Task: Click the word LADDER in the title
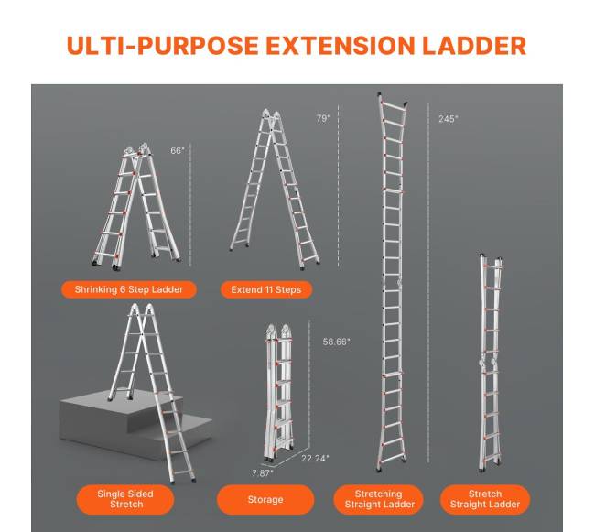474,46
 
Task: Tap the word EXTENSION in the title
340,46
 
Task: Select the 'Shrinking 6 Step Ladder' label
129,289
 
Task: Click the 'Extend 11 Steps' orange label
266,289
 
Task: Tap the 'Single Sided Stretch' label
125,499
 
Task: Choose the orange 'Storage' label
265,499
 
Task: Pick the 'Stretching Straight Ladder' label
379,499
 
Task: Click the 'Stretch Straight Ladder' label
484,499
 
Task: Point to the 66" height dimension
178,151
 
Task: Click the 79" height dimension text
323,118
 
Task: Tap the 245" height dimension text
449,119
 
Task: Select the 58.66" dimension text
336,342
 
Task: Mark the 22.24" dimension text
315,459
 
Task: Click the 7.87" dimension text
263,473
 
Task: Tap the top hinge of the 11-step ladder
271,115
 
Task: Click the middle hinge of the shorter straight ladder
489,362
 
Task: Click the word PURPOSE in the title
198,46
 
